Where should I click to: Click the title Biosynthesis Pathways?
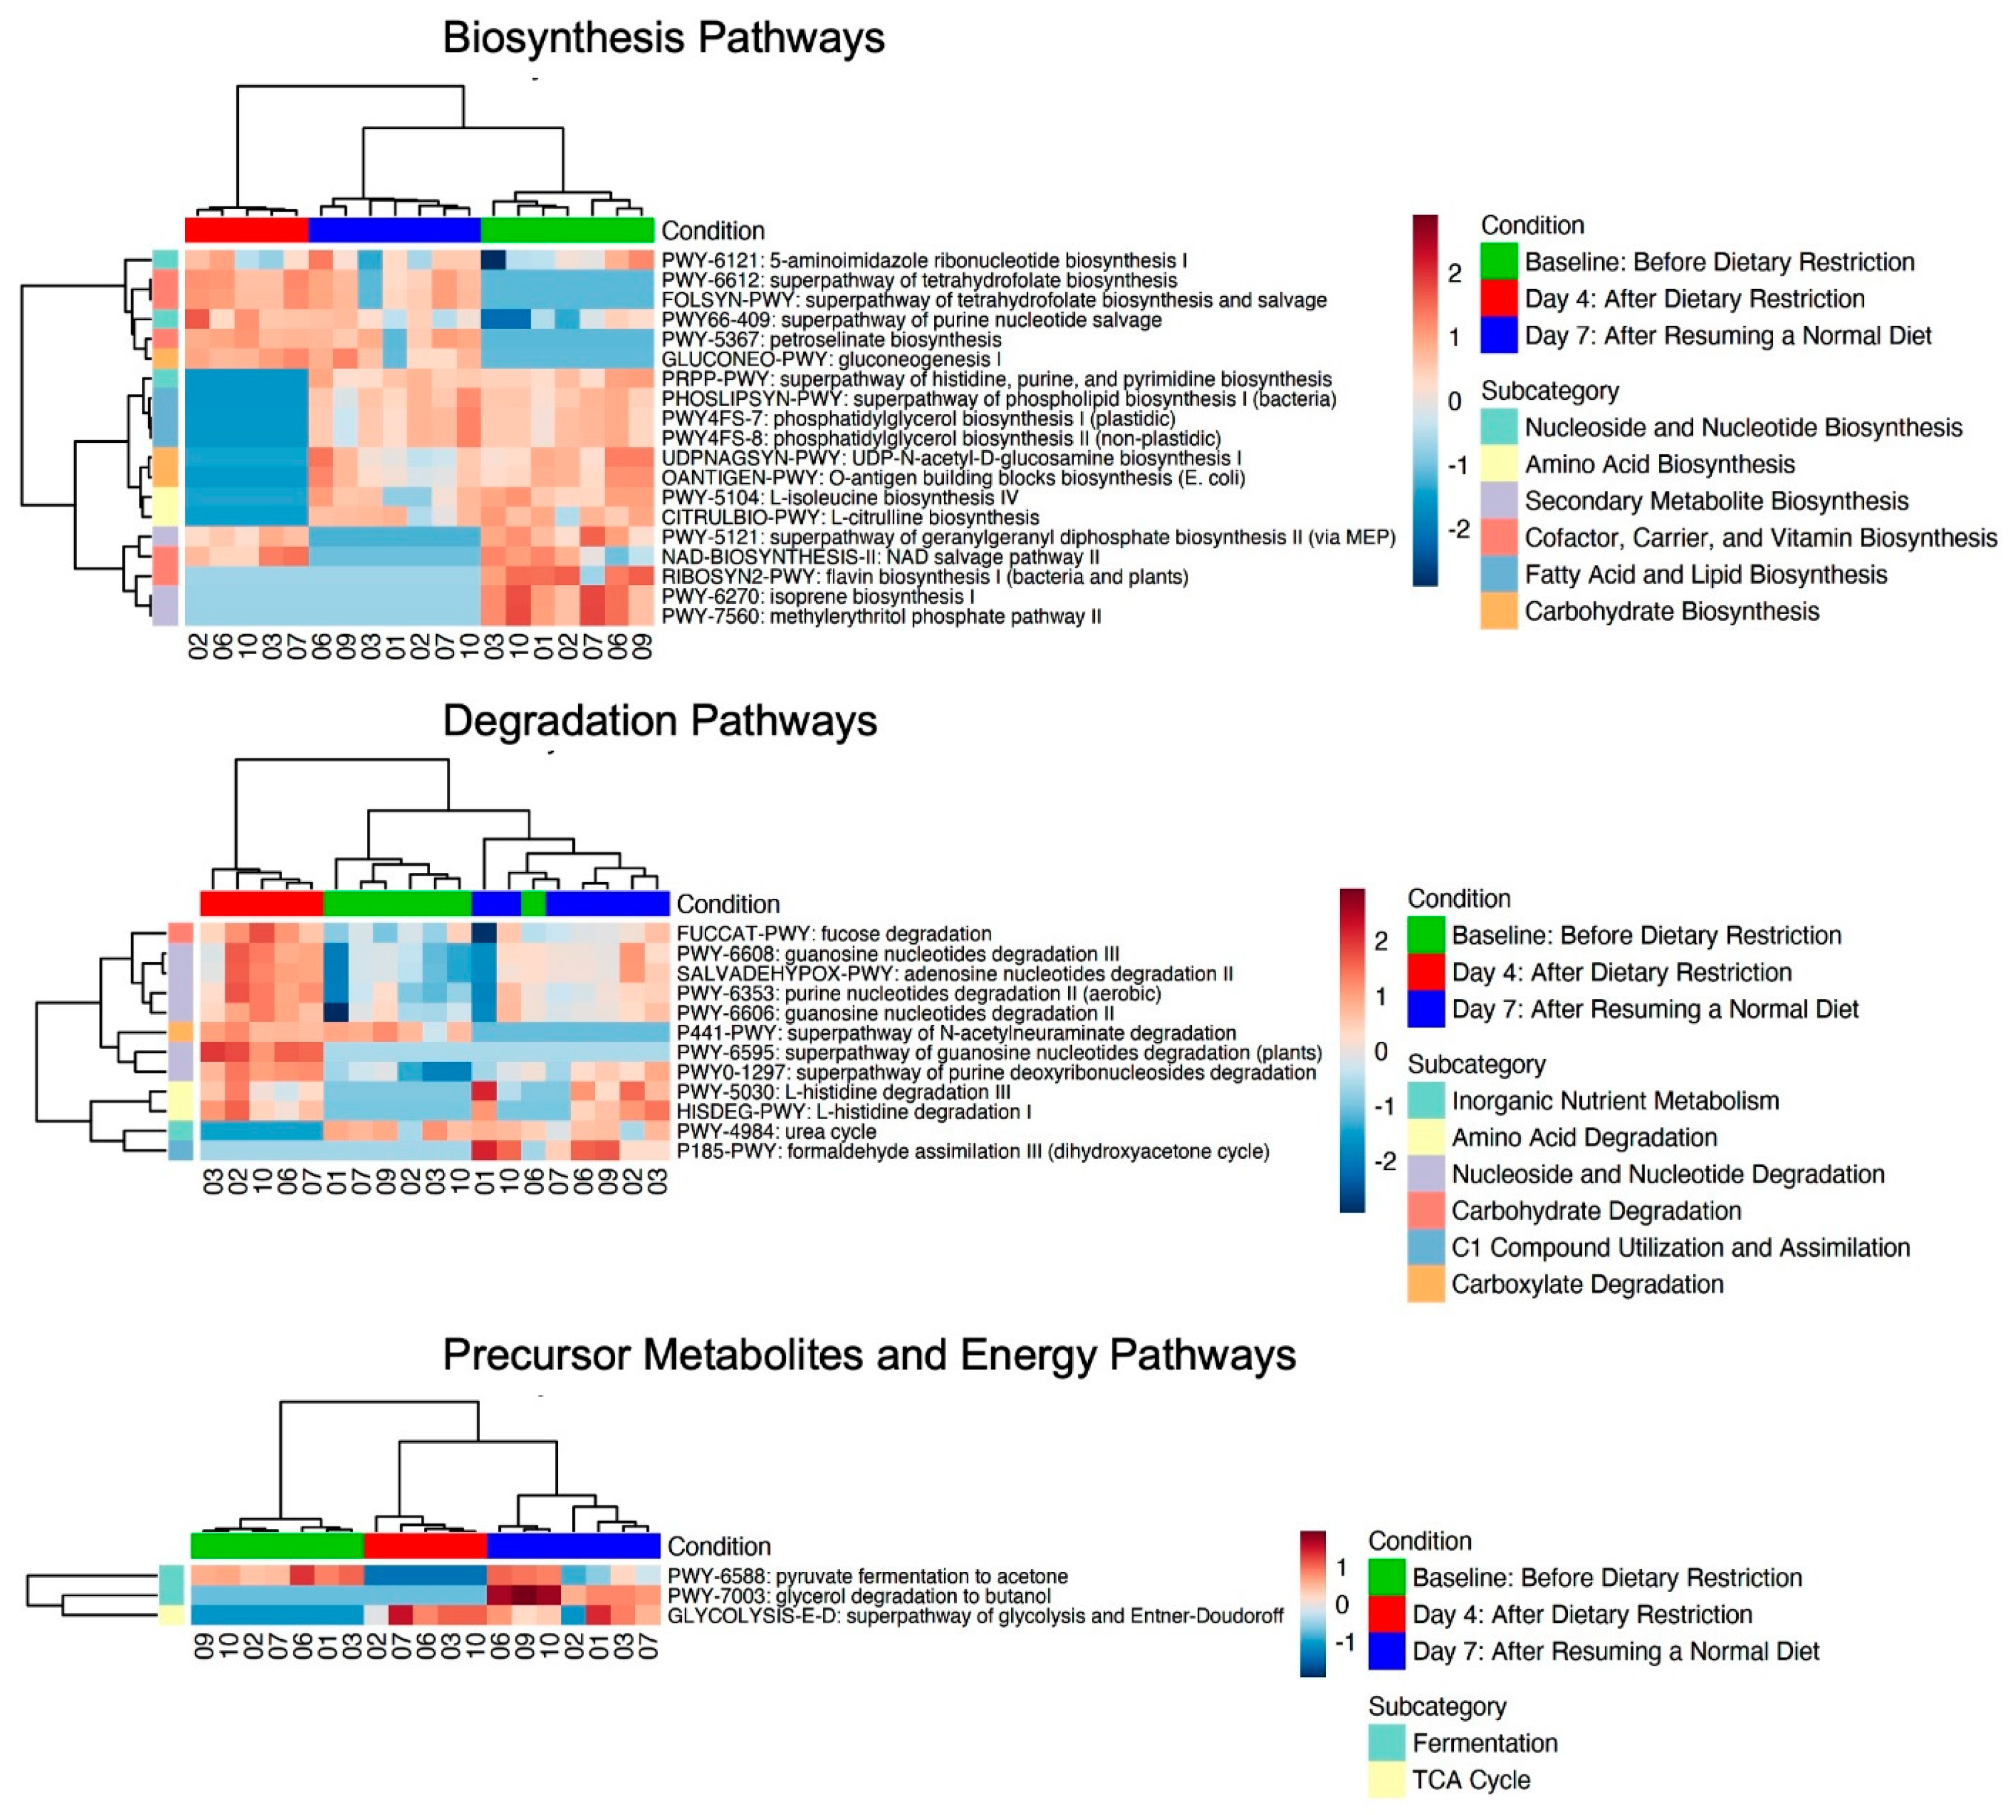coord(663,38)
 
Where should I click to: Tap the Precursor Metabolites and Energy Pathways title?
coord(868,1354)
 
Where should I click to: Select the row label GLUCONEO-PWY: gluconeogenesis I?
coord(831,359)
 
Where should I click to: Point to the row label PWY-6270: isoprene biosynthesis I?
coord(818,596)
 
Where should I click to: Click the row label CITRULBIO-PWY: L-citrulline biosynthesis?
coord(849,517)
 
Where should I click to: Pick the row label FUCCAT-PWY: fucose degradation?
coord(833,933)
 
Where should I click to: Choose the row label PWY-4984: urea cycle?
coord(776,1132)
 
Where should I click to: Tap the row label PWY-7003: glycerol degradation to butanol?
coord(858,1596)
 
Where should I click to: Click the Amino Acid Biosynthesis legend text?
coord(1659,464)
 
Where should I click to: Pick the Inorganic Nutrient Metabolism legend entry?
coord(1614,1101)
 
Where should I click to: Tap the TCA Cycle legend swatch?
coord(1386,1780)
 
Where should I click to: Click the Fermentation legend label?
coord(1485,1743)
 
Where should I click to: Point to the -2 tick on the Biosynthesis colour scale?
coord(1458,529)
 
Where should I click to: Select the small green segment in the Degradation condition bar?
coord(533,904)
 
